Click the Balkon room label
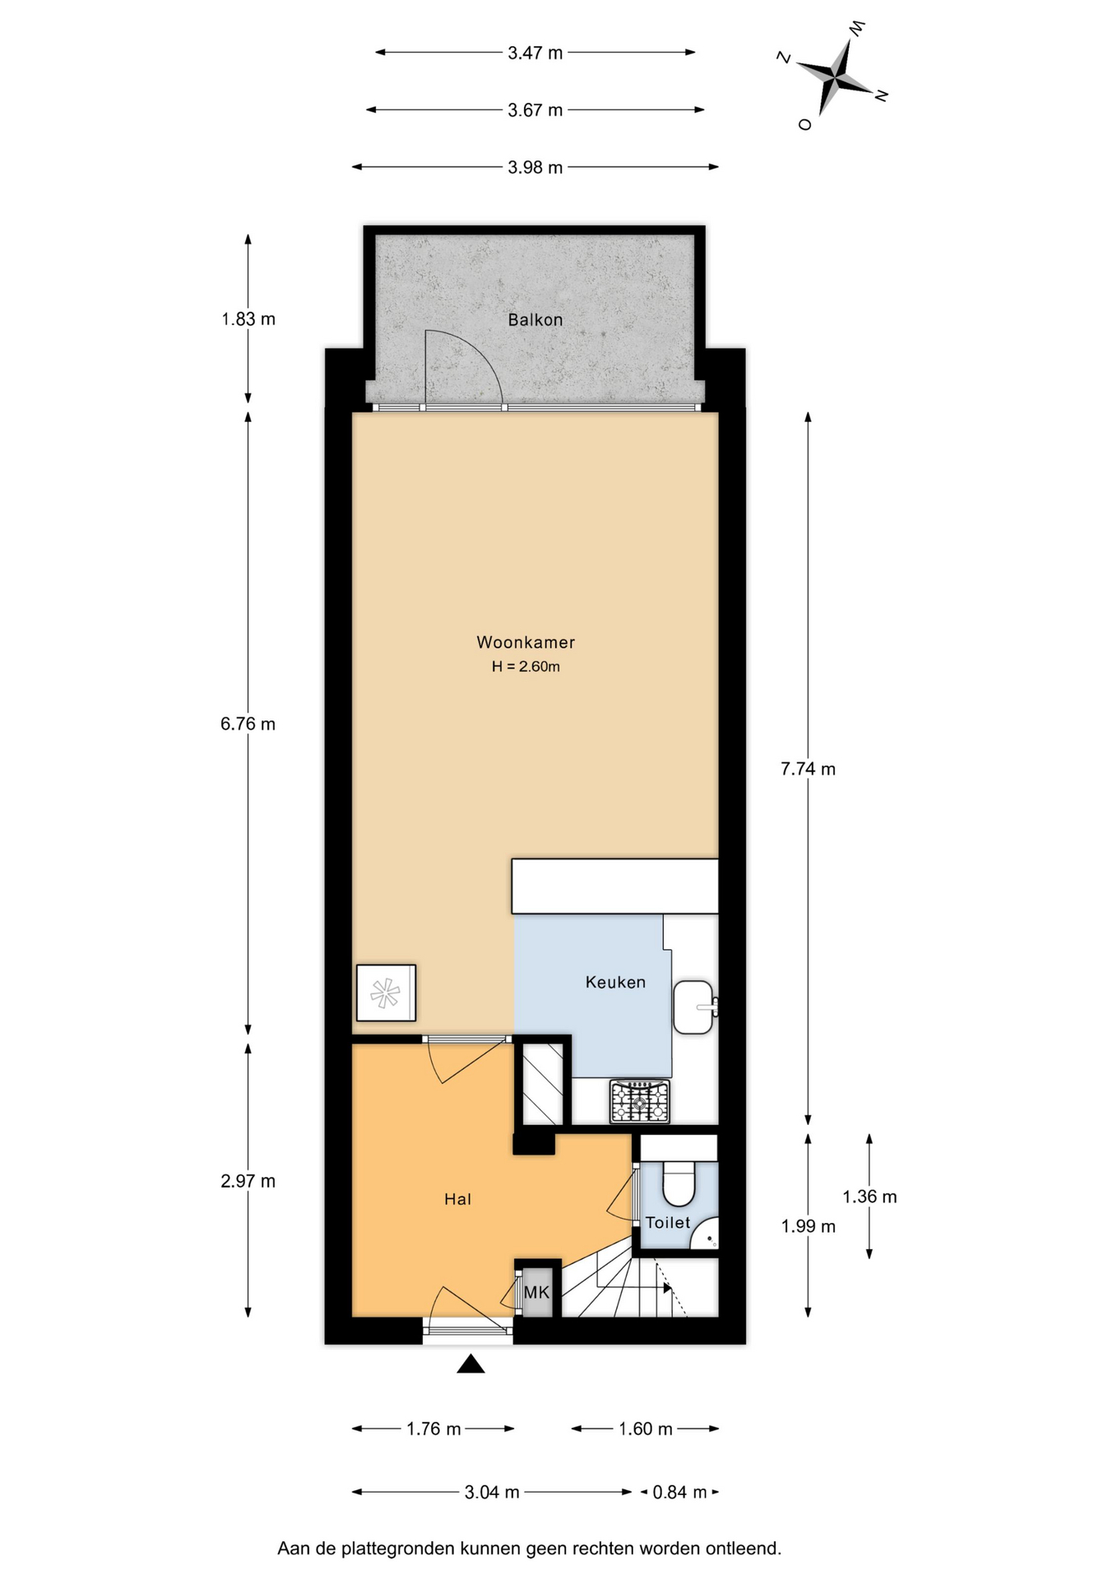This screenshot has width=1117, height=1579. [535, 320]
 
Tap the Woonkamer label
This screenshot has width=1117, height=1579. [526, 642]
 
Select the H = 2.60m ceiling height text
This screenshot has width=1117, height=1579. [526, 666]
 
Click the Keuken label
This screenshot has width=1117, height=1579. [615, 982]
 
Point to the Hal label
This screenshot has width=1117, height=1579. [457, 1199]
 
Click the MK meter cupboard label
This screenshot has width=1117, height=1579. [536, 1292]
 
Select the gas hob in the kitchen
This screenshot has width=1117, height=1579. [640, 1102]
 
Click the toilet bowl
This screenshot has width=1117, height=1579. [679, 1182]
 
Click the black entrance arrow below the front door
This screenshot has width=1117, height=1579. [470, 1364]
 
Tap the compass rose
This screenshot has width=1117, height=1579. [834, 76]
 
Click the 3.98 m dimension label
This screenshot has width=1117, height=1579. [535, 167]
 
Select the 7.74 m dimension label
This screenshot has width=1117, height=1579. [808, 769]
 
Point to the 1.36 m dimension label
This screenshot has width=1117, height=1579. [869, 1197]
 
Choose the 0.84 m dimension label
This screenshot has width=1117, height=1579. [679, 1492]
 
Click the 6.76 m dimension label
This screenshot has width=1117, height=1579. [248, 724]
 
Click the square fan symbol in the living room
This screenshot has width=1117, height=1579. [386, 993]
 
